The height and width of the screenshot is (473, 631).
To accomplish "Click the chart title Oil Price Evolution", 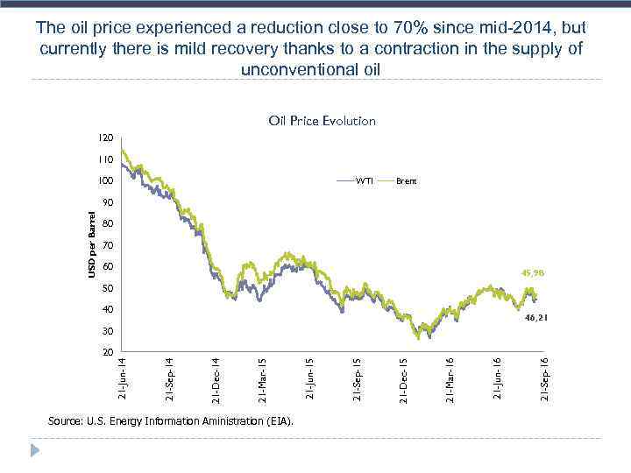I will click(322, 121).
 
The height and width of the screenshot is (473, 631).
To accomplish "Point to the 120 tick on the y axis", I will click(106, 138).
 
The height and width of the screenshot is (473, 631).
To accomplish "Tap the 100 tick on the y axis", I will click(106, 181).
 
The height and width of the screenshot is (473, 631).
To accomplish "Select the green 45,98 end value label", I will click(534, 272).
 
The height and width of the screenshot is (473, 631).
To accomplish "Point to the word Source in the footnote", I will click(67, 421).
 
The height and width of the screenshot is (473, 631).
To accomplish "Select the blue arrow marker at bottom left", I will click(36, 451).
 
